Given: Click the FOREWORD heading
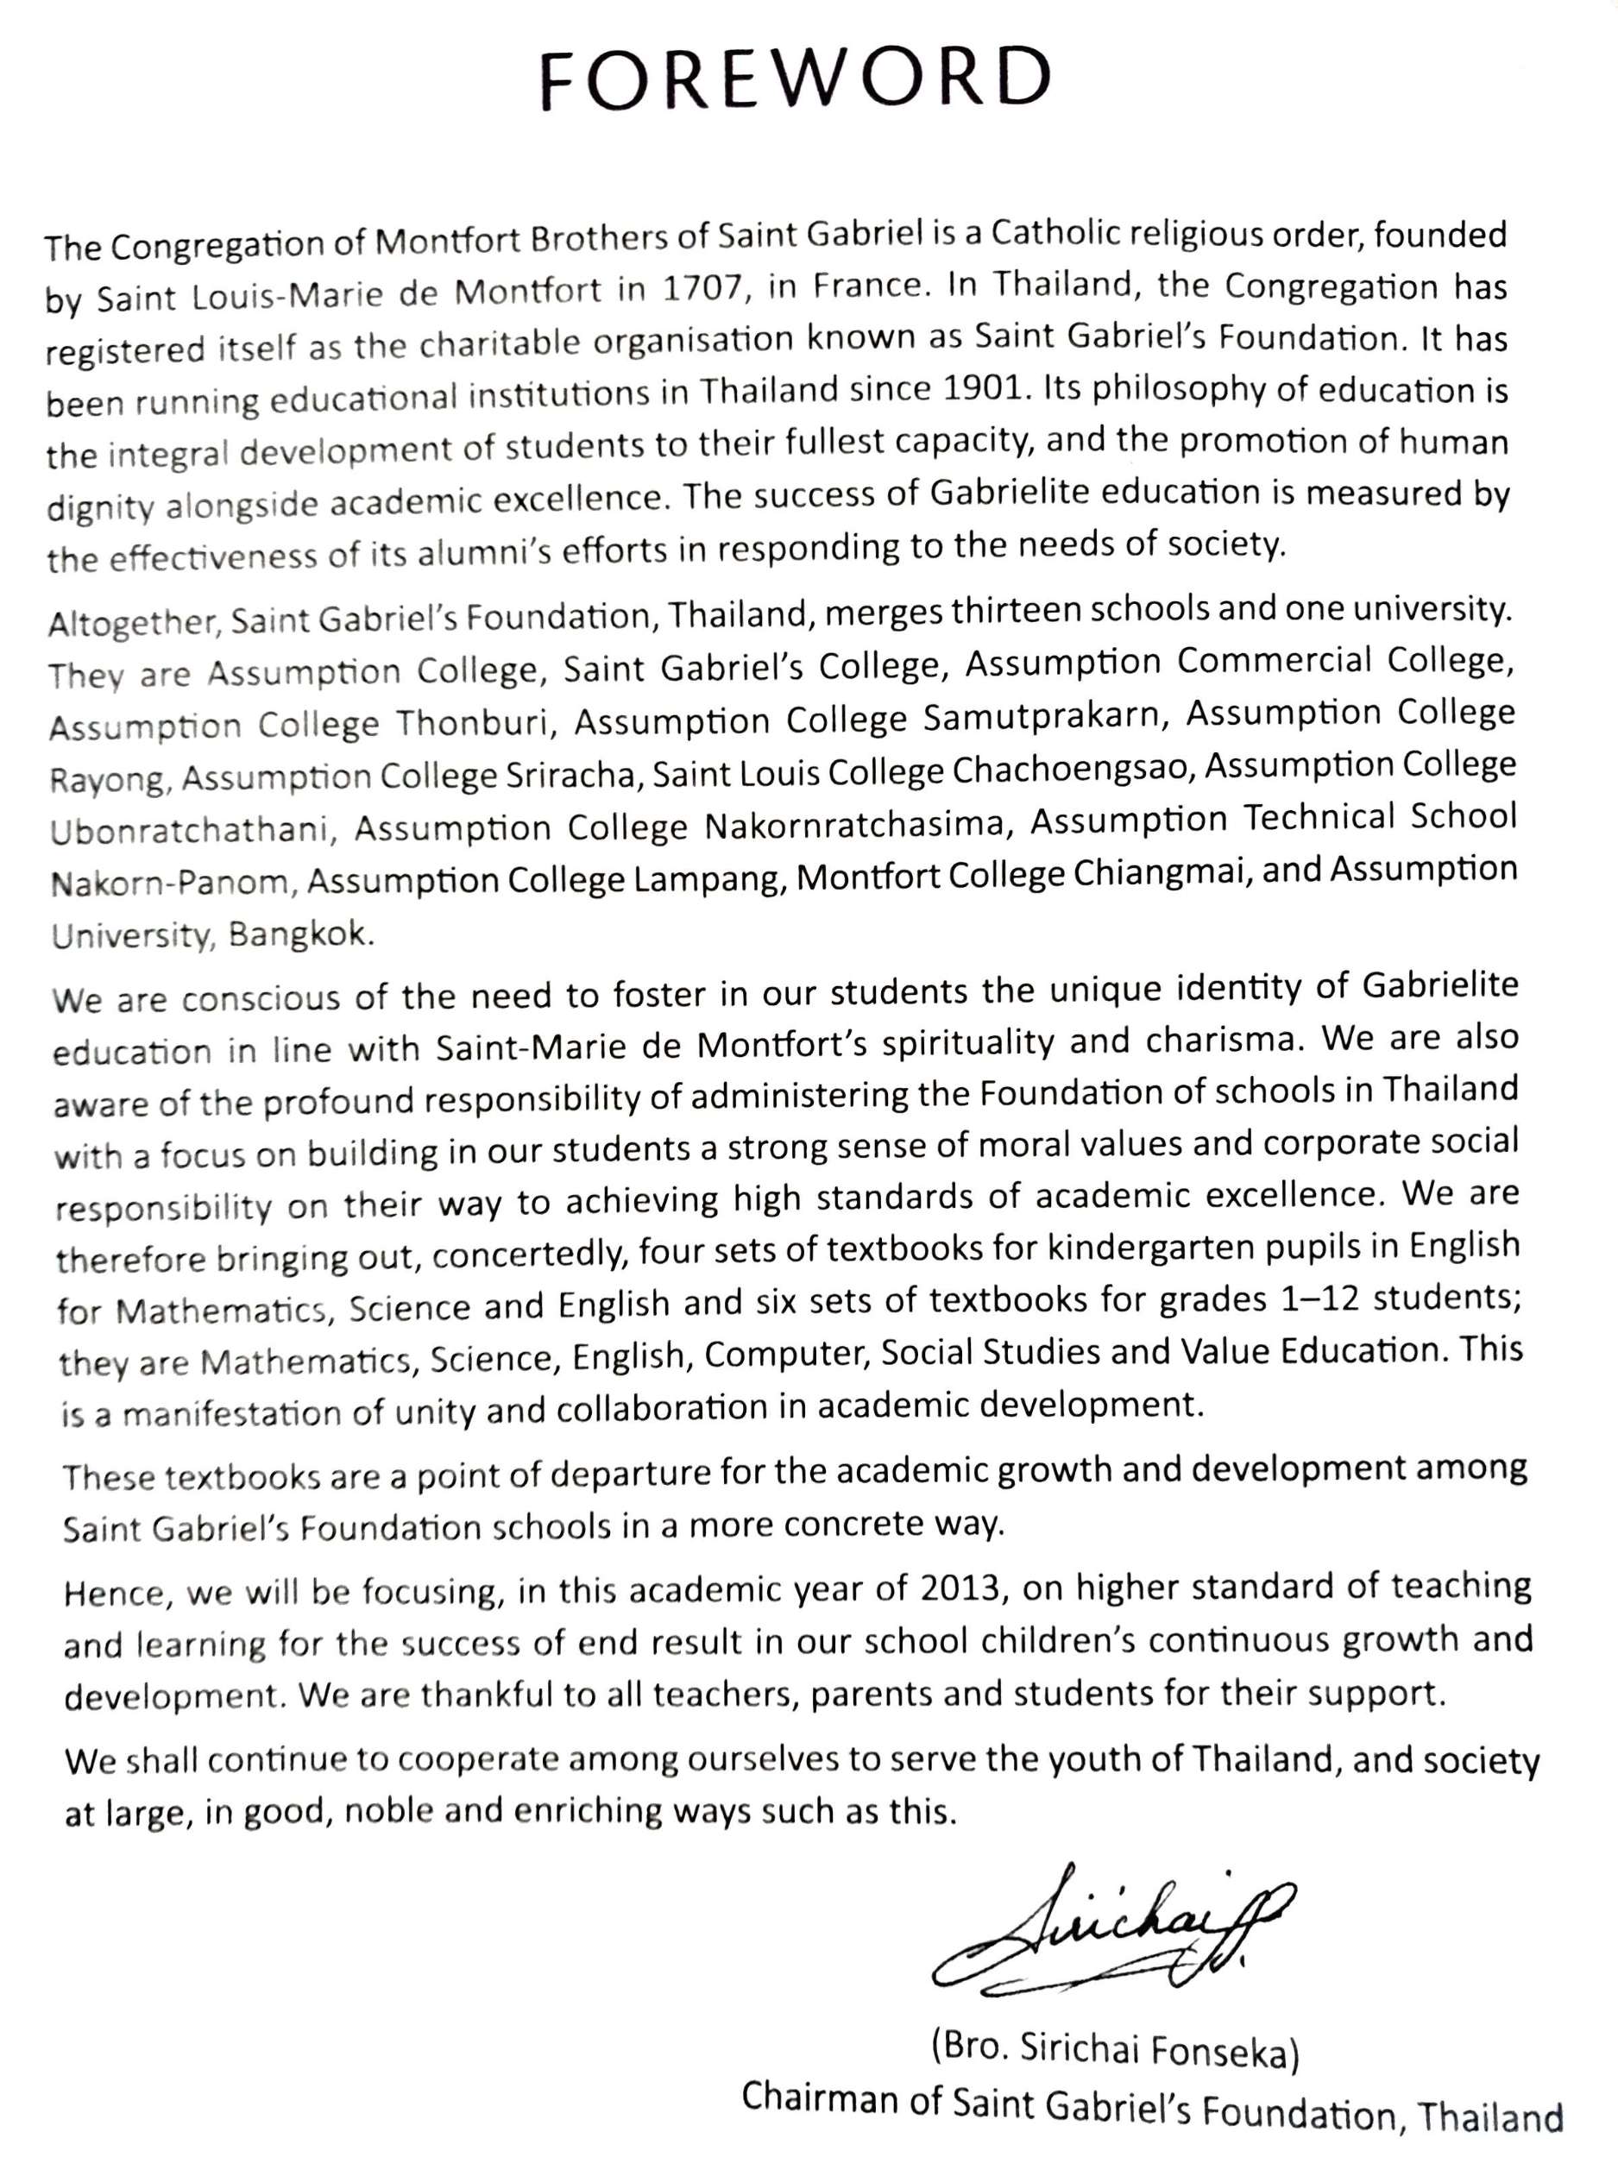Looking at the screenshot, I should click(796, 80).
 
